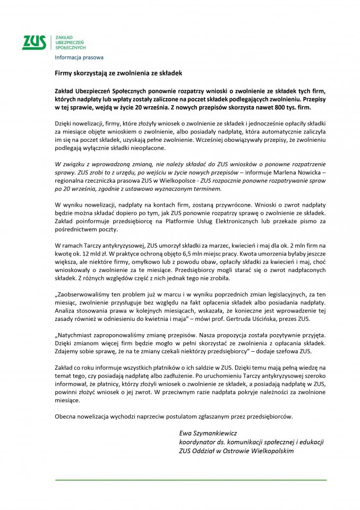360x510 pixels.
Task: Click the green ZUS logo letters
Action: [x=34, y=42]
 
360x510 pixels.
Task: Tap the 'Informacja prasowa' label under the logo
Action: [x=79, y=57]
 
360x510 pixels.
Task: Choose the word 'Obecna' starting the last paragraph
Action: [x=65, y=416]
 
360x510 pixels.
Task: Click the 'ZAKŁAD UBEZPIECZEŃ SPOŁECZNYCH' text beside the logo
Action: [x=70, y=43]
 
